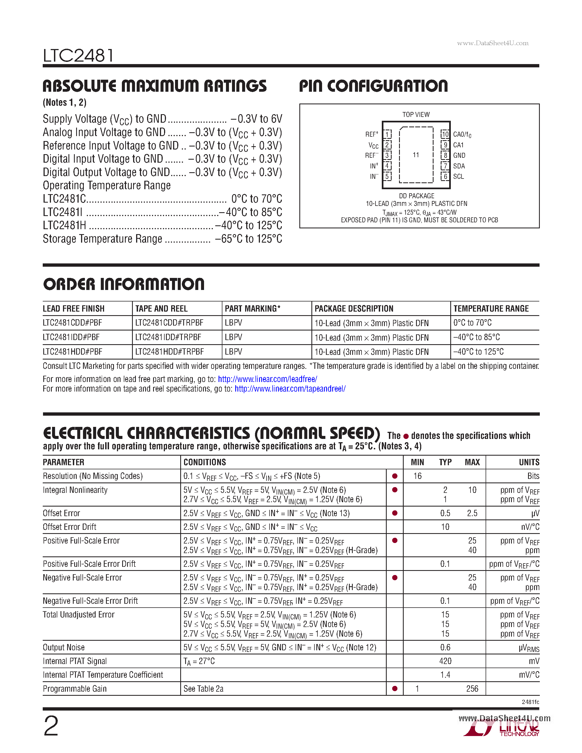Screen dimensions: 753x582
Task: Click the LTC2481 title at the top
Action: click(78, 56)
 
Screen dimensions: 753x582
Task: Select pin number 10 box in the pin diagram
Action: click(445, 134)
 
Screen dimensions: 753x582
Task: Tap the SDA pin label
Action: click(459, 166)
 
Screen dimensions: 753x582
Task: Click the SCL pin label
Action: click(458, 177)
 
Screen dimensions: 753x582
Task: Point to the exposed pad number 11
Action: click(416, 155)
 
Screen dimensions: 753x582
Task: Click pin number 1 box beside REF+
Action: click(388, 134)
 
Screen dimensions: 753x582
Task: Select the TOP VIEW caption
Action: click(416, 114)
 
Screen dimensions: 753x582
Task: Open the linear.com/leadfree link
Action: click(268, 379)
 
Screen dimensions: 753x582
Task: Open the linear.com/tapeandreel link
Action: click(290, 389)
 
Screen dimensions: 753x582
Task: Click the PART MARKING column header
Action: click(253, 309)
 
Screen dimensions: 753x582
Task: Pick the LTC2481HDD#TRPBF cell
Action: click(169, 352)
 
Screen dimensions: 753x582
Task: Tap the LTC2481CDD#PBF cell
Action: click(72, 323)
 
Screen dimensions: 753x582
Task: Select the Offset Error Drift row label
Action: click(69, 527)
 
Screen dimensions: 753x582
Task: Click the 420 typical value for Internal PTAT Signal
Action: click(445, 661)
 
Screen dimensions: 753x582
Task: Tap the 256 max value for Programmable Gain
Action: click(472, 689)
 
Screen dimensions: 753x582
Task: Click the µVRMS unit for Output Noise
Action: click(529, 648)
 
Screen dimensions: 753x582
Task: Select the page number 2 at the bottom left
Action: click(51, 726)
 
